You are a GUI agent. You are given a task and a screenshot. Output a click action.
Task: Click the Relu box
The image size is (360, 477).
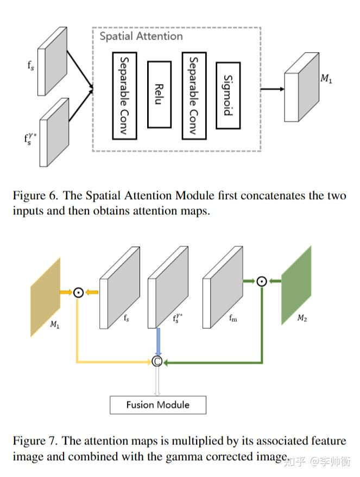(159, 94)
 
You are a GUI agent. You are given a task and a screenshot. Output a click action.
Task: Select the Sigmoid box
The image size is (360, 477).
(228, 95)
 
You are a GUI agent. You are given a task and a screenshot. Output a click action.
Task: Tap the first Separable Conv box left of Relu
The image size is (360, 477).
(124, 95)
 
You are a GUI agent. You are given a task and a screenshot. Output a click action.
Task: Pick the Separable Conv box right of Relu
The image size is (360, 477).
(194, 95)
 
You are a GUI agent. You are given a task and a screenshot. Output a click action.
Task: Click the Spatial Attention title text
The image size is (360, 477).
(141, 36)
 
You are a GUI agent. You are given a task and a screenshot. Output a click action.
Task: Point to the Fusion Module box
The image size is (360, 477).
(158, 405)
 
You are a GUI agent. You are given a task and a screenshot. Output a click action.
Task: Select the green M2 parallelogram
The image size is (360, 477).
(296, 285)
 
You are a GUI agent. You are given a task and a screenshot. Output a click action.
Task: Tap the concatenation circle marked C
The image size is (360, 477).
(157, 361)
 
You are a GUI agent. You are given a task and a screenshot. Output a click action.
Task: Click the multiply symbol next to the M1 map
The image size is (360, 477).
(79, 292)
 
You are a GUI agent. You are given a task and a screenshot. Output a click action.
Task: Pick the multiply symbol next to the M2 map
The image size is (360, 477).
(262, 281)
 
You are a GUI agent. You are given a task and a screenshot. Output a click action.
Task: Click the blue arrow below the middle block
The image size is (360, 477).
(157, 341)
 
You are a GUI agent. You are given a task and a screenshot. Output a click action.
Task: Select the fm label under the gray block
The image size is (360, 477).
(233, 319)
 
